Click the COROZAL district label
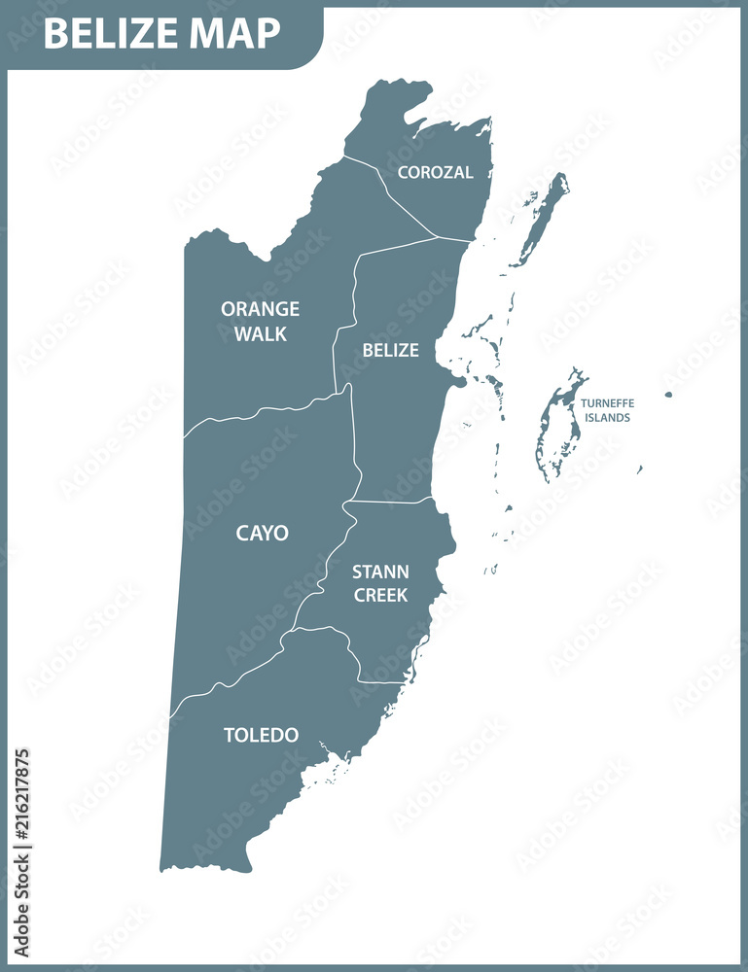(x=435, y=172)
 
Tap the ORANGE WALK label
(x=260, y=321)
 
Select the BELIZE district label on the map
(x=390, y=350)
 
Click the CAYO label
(x=262, y=533)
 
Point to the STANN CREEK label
(x=380, y=582)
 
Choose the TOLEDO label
(x=261, y=735)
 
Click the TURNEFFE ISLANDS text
(x=607, y=410)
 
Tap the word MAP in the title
(x=235, y=34)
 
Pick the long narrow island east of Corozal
(x=544, y=219)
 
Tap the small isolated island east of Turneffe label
(x=668, y=395)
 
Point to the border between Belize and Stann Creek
(x=389, y=503)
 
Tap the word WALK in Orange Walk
(x=260, y=333)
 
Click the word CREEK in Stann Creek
(x=380, y=594)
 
